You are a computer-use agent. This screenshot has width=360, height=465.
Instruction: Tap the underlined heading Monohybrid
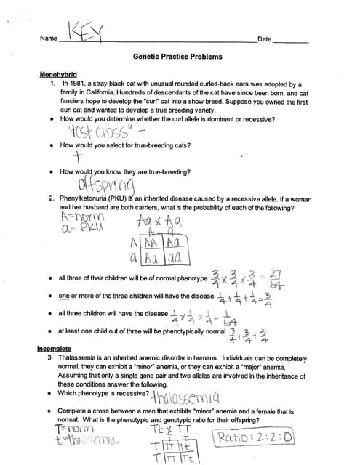tap(59, 75)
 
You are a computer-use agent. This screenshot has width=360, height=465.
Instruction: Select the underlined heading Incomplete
tap(55, 349)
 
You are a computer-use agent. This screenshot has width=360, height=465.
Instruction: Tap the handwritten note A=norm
tap(82, 216)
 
